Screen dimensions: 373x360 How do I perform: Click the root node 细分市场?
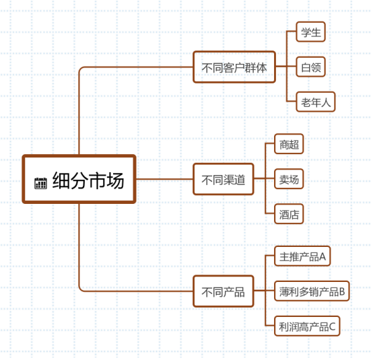(79, 179)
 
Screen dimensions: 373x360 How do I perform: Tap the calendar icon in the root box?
(40, 183)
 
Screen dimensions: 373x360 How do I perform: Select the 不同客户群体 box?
(234, 67)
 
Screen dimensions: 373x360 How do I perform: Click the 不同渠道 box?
(224, 179)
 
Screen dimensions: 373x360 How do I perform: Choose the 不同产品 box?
(224, 291)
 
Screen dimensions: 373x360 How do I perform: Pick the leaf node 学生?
(310, 32)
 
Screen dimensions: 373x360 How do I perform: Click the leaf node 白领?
(310, 67)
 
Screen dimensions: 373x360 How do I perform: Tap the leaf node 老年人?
(316, 102)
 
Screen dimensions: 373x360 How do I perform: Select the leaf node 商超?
(289, 144)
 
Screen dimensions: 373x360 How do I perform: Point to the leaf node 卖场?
(289, 179)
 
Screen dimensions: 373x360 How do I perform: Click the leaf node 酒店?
(289, 214)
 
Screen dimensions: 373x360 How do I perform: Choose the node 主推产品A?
(302, 256)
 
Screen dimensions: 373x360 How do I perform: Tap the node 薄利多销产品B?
(312, 291)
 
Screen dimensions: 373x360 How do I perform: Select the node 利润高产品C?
(307, 326)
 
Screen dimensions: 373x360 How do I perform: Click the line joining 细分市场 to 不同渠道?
(164, 179)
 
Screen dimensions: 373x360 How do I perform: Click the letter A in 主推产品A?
(323, 256)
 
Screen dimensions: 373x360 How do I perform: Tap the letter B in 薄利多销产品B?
(342, 291)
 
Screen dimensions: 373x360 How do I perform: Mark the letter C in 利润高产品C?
(332, 326)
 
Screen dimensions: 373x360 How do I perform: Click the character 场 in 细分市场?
(115, 180)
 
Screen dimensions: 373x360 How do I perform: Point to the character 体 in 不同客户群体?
(261, 67)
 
